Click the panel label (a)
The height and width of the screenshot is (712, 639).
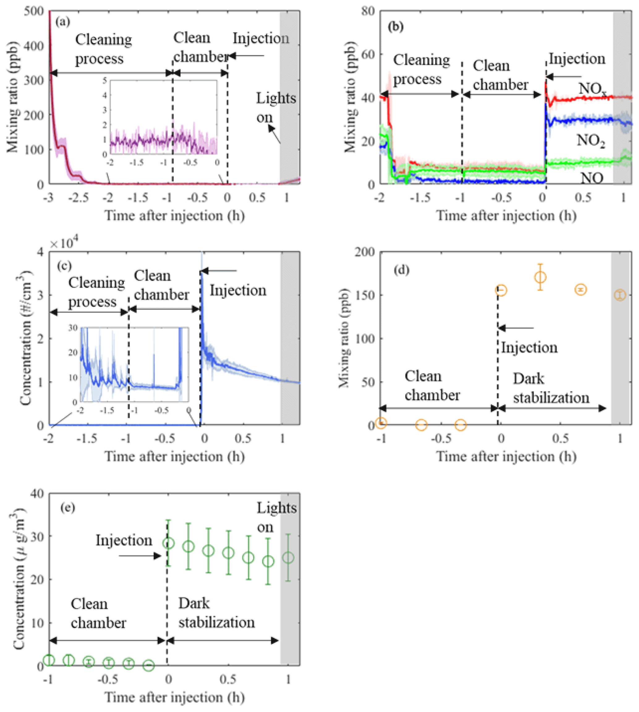62,22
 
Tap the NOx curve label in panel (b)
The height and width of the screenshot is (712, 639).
592,88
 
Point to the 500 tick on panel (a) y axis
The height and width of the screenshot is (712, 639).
34,11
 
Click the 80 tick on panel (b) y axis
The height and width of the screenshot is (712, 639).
368,11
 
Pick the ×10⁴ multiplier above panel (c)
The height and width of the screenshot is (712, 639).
64,243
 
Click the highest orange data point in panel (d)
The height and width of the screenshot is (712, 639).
541,277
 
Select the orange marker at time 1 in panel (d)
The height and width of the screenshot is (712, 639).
620,295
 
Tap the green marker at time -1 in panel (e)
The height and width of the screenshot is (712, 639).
49,660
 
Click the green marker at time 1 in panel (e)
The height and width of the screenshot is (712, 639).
288,557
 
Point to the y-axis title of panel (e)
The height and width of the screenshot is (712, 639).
19,579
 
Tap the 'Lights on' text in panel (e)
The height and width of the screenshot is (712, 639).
276,517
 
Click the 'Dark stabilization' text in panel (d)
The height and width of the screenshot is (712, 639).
551,388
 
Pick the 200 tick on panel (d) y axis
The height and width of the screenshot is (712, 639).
365,252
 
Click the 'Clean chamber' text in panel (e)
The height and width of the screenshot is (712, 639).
98,613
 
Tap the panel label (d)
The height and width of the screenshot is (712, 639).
401,270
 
